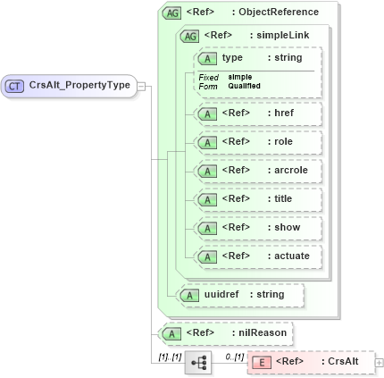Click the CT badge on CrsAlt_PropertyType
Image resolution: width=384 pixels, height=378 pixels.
point(15,86)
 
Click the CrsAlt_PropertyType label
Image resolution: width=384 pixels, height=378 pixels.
point(79,86)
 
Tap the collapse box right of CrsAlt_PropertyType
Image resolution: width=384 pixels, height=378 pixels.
point(141,86)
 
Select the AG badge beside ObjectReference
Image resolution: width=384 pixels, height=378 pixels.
point(171,13)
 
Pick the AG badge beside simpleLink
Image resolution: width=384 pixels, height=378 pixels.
point(190,36)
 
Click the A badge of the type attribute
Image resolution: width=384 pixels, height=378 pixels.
point(208,58)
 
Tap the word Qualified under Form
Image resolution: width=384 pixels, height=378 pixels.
point(244,86)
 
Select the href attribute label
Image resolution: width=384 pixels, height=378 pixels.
point(284,113)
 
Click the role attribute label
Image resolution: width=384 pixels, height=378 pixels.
point(283,141)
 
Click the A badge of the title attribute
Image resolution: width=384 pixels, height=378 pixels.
point(208,198)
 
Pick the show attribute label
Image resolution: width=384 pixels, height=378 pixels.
point(287,227)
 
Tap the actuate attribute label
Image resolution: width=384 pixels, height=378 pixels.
point(292,256)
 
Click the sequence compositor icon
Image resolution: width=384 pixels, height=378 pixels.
point(196,362)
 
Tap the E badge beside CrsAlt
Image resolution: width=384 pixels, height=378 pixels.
point(262,362)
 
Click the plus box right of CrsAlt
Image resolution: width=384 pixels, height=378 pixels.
point(379,362)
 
